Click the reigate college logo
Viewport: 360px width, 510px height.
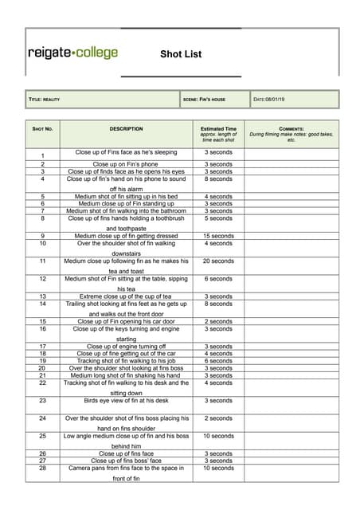72,53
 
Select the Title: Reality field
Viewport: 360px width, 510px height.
45,100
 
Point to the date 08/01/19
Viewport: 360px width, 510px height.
274,100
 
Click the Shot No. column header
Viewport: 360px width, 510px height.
42,128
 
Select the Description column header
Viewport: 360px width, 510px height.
126,128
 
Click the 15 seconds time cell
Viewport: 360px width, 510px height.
218,236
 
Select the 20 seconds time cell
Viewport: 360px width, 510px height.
218,261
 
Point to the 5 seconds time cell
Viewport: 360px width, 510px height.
218,218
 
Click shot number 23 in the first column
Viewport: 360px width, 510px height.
42,402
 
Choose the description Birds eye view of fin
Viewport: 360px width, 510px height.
126,401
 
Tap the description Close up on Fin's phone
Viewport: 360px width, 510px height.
126,164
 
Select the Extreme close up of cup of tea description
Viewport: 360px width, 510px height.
126,296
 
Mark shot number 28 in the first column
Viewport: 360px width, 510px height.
42,469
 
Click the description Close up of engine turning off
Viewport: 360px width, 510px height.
126,347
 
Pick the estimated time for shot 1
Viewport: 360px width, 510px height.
218,151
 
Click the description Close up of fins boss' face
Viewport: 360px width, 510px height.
126,461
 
